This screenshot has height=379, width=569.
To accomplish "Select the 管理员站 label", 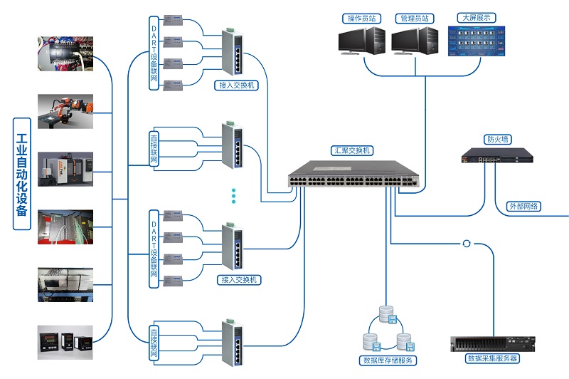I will [x=415, y=18].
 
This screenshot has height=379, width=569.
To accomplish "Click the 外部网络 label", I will [x=524, y=207].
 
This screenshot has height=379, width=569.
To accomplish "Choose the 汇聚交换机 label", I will [x=352, y=151].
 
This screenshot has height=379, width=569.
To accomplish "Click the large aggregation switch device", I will [x=353, y=175].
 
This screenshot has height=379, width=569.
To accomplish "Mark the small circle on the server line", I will [x=467, y=244].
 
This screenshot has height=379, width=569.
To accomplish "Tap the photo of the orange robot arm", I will [x=65, y=112].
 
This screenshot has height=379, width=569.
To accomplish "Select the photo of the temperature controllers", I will [x=65, y=341].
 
